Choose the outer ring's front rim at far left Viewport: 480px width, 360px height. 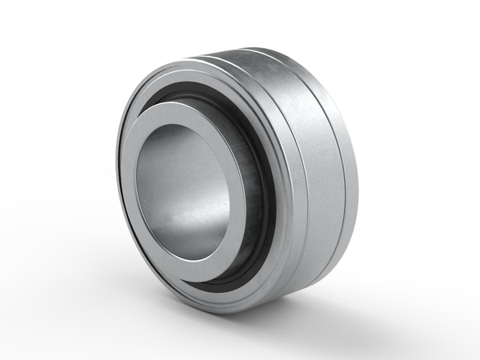point(120,184)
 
